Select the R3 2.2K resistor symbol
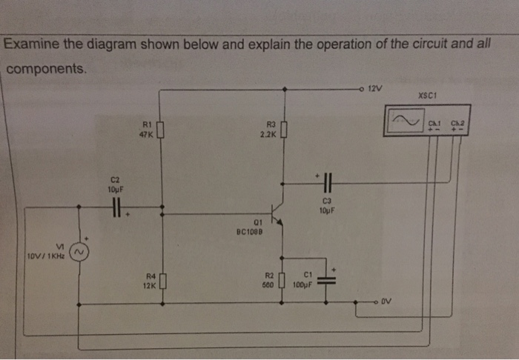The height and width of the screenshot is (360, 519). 282,131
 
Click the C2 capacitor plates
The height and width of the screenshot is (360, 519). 116,210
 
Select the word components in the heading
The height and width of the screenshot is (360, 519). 46,68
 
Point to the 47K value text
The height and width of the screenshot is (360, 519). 146,135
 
